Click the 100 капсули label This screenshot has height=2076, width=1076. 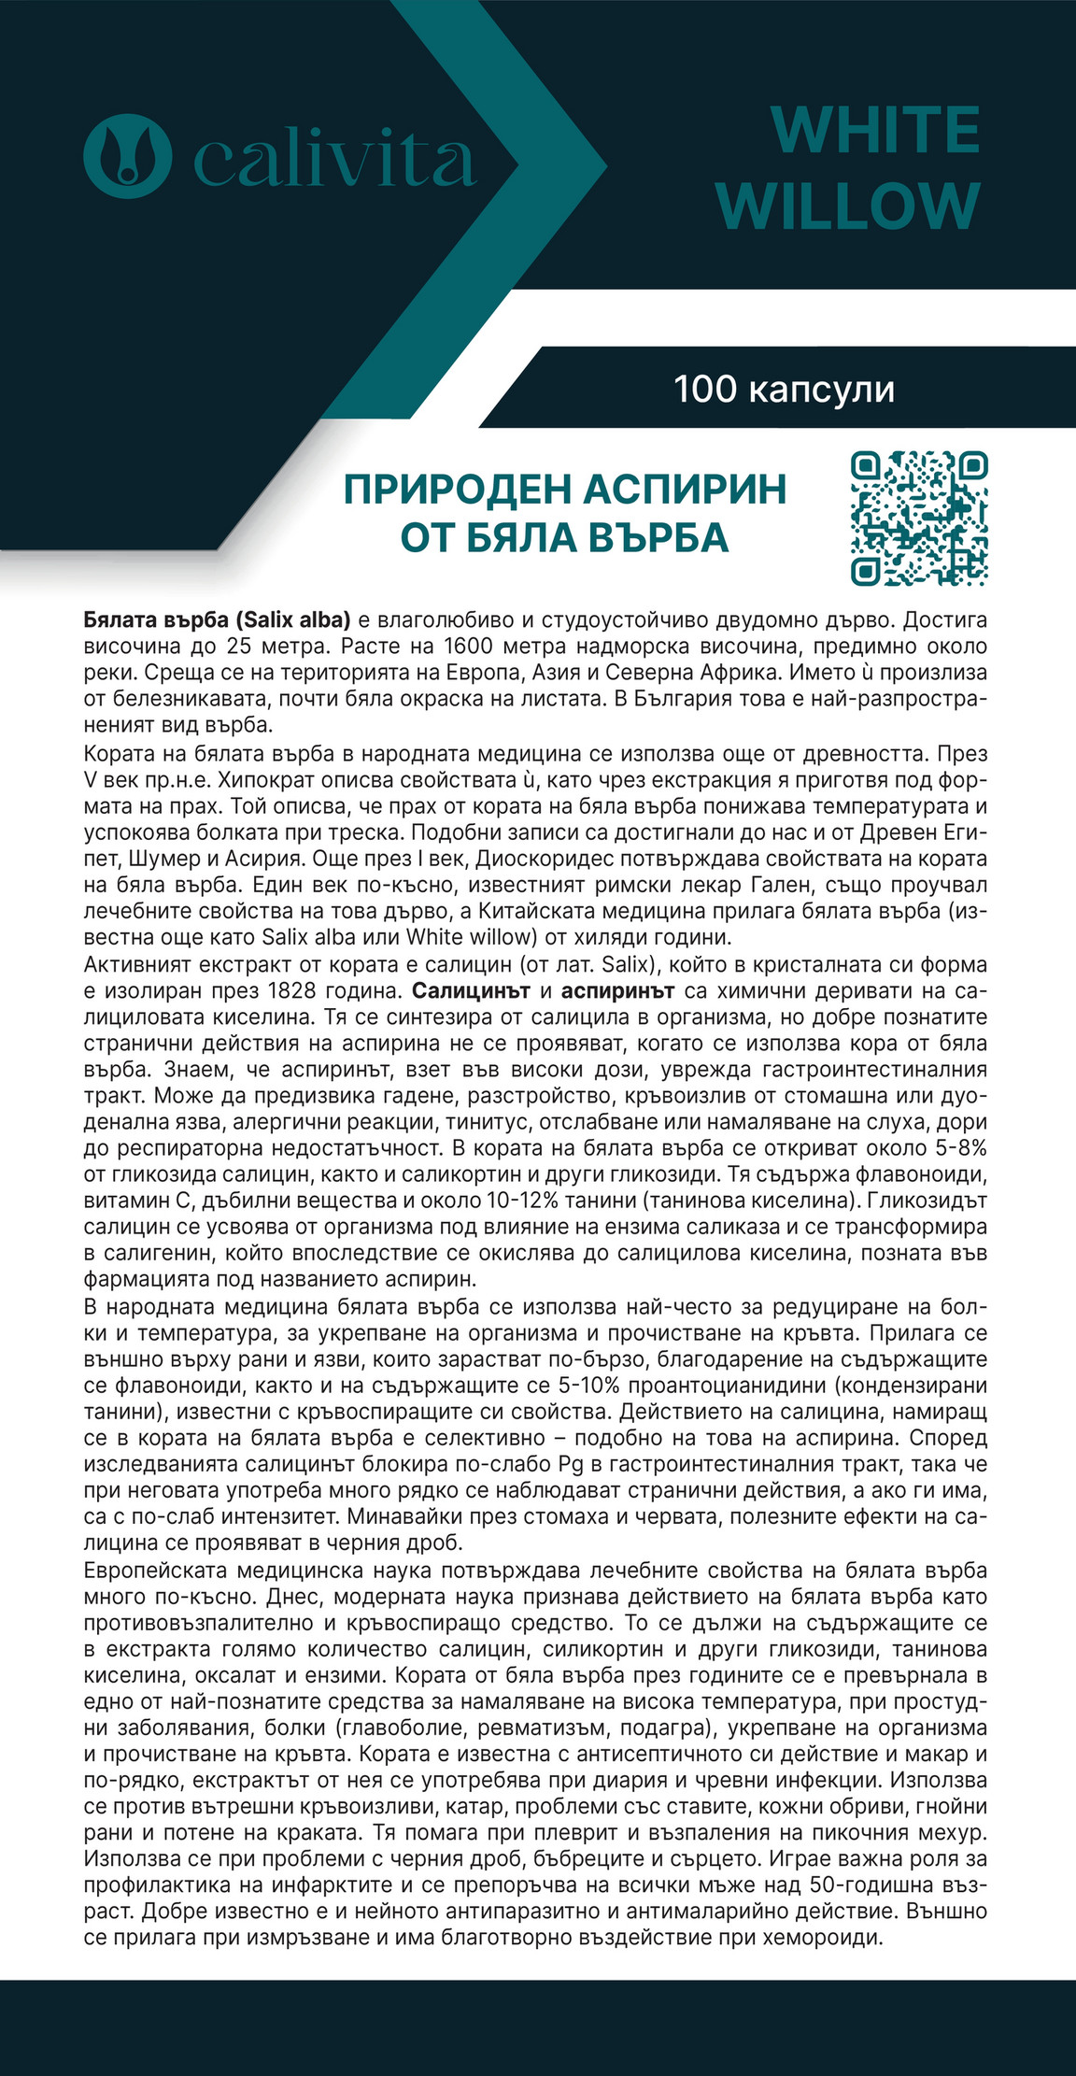pos(784,389)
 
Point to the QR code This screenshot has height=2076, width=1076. pos(919,519)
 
